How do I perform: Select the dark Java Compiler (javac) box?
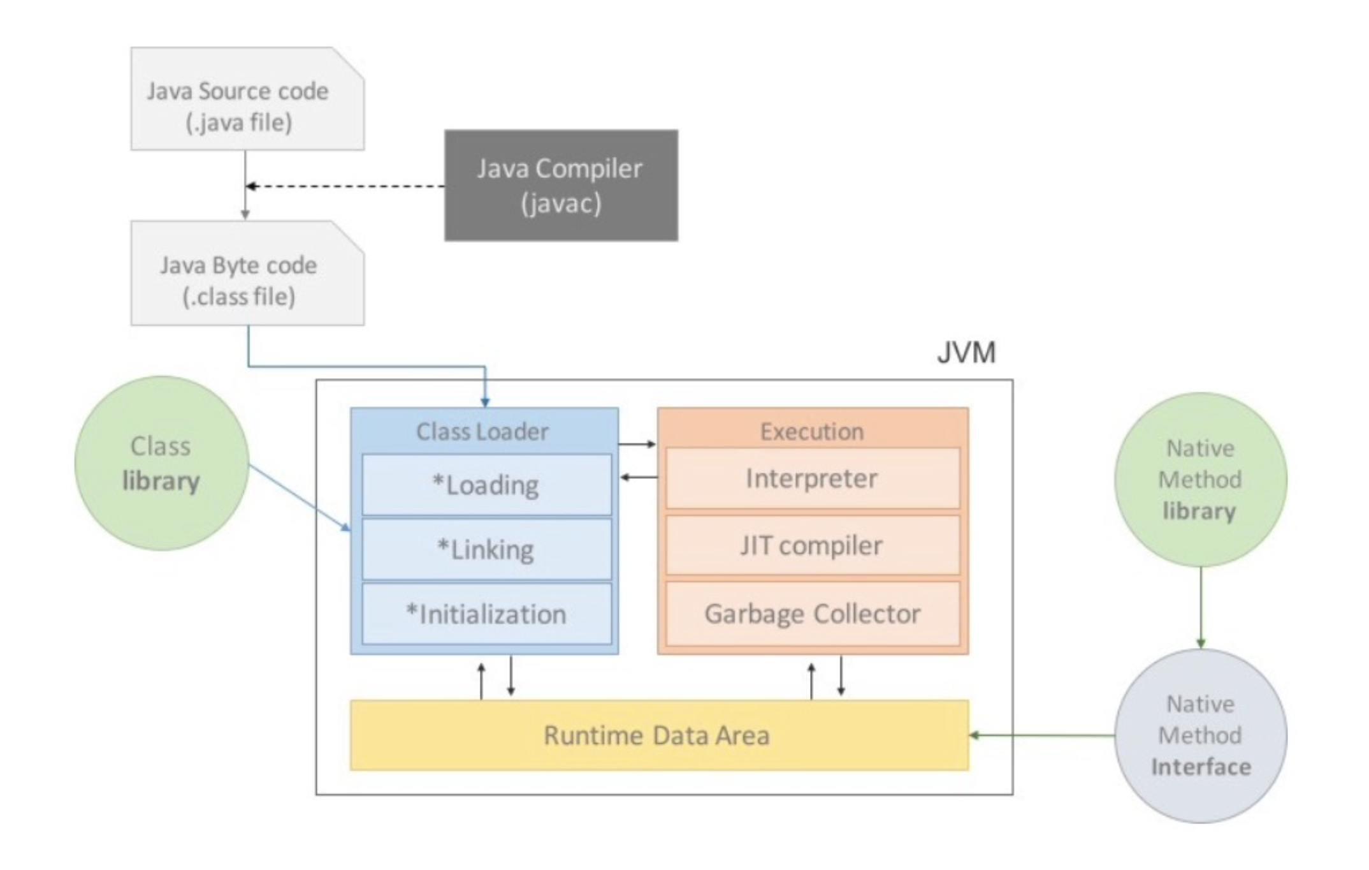(x=561, y=185)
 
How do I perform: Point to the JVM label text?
(x=966, y=353)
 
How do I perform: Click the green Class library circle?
(x=161, y=463)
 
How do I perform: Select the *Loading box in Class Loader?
(x=486, y=485)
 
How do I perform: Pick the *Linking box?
(x=486, y=549)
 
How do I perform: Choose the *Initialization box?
(x=486, y=614)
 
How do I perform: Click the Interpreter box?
(x=812, y=478)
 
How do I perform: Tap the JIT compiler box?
(x=812, y=545)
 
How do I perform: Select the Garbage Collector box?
(x=812, y=614)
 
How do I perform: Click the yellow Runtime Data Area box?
(x=658, y=735)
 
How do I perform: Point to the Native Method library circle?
(x=1200, y=480)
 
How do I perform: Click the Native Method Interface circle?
(x=1200, y=735)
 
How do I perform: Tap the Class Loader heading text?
(x=482, y=432)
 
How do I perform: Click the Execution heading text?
(x=812, y=432)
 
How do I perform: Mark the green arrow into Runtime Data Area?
(x=1042, y=735)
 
